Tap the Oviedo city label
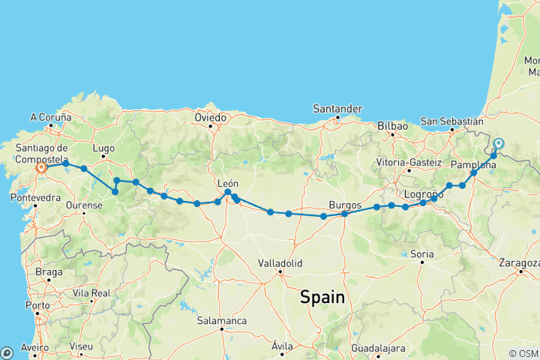click(210, 118)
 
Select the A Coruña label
click(50, 117)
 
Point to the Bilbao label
click(392, 126)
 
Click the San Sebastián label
click(451, 120)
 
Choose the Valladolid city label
click(279, 263)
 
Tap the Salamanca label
click(222, 320)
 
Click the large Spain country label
click(322, 297)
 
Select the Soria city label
click(422, 254)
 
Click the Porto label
click(37, 305)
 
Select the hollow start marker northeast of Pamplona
click(499, 144)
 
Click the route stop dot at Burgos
click(344, 214)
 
